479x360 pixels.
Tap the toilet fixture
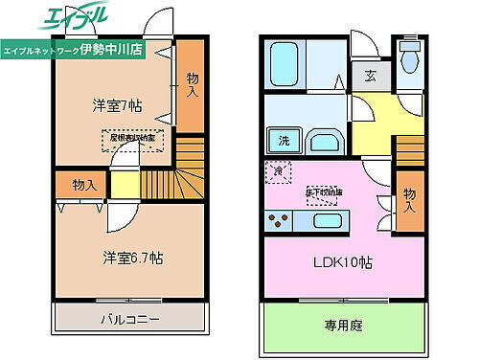410,57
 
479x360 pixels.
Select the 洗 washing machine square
285,142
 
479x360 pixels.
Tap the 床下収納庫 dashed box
323,191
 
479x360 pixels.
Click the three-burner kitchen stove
281,221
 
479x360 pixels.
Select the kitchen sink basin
324,221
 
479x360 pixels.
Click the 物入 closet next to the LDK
409,197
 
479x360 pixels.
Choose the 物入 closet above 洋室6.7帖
82,185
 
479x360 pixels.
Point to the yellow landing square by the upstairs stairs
124,184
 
